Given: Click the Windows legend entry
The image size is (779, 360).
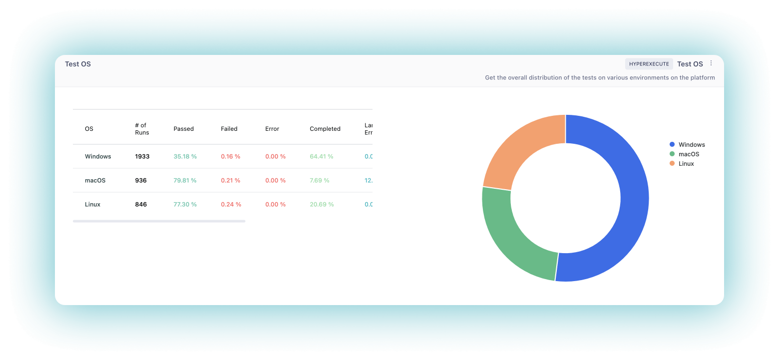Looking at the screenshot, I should tap(691, 145).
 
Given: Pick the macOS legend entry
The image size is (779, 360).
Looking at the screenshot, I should tap(688, 154).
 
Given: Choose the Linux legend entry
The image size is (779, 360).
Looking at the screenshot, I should tap(686, 164).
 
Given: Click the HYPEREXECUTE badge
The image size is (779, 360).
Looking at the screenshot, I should tap(649, 64).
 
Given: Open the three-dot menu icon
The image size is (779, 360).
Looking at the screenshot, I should tap(712, 63).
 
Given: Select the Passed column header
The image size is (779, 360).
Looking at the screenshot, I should tap(183, 129).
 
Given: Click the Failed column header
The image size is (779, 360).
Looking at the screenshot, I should tap(229, 129).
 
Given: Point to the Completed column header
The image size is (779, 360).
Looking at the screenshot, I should tap(325, 129).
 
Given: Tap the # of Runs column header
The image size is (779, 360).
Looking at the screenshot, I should tap(142, 129).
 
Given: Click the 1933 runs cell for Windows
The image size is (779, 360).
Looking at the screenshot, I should tap(142, 156).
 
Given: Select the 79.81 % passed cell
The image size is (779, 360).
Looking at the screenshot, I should tap(185, 180).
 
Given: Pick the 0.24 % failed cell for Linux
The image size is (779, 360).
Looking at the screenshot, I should tap(231, 204).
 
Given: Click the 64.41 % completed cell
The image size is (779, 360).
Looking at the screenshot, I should tap(321, 156).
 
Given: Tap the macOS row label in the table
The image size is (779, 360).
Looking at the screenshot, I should tap(95, 180).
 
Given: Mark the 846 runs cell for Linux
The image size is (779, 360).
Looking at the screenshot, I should tap(141, 204).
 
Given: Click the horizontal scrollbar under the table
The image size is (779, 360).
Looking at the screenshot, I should tap(159, 221).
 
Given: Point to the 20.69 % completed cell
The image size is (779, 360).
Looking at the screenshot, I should tap(321, 204).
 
